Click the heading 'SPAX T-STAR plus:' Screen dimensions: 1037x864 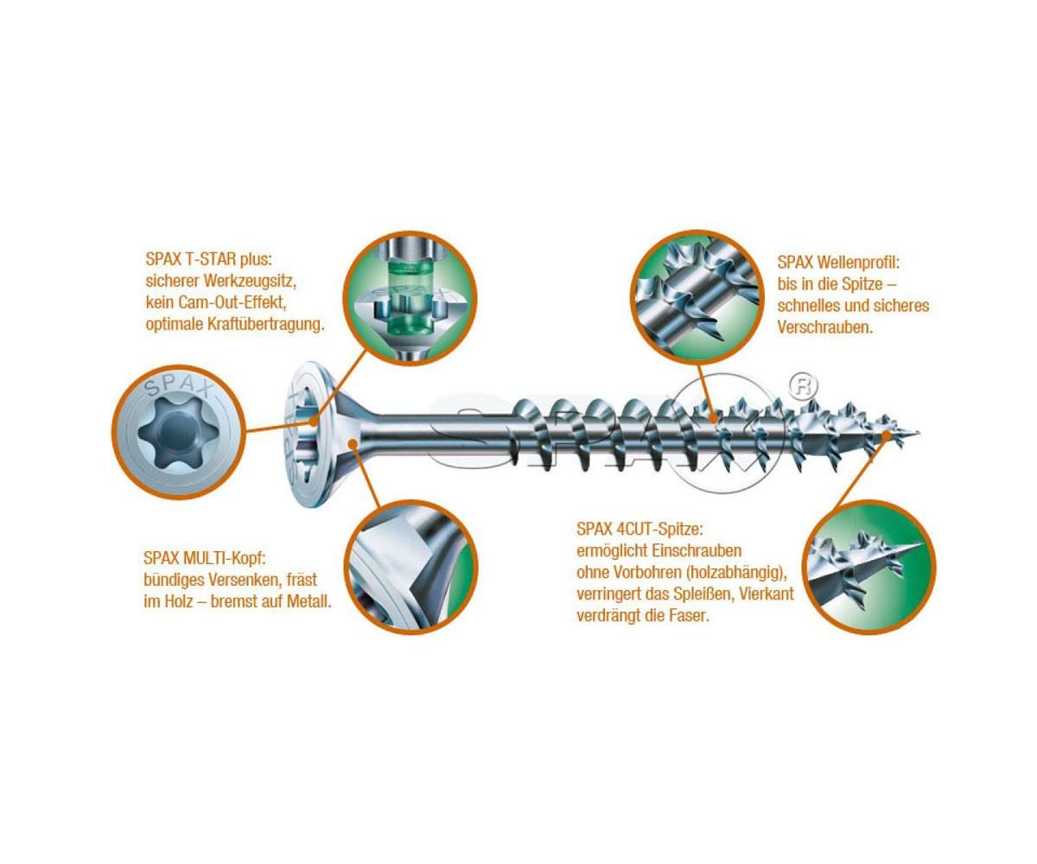209,259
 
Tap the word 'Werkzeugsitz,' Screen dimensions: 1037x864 250,281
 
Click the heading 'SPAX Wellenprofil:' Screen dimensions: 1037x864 838,262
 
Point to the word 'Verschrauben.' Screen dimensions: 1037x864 825,327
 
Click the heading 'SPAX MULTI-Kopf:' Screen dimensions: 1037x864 205,557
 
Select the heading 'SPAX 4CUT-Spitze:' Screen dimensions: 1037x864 640,529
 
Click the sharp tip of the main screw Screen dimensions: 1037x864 919,433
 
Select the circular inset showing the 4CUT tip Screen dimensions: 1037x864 869,567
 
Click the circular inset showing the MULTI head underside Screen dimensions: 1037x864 411,567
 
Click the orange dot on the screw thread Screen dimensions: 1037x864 713,417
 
